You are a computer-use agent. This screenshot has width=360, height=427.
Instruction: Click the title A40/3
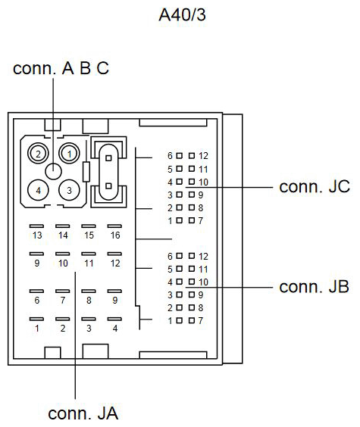182,14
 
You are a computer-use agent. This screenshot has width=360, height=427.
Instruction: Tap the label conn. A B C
61,68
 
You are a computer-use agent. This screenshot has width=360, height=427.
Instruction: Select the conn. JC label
315,186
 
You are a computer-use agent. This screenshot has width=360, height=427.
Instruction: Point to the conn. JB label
315,286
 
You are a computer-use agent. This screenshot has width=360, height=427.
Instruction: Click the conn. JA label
83,413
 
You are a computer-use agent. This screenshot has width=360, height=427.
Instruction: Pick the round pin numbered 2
38,154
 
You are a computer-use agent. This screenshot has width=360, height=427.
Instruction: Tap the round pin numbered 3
69,190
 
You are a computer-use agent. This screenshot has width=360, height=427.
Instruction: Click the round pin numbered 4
38,190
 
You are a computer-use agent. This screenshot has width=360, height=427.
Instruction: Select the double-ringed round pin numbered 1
69,154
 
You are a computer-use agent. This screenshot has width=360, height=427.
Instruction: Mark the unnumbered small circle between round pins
53,172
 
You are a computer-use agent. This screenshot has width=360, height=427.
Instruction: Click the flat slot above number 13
36,226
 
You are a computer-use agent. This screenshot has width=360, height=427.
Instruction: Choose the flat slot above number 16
114,226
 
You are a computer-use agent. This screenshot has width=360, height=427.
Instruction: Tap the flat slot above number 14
62,226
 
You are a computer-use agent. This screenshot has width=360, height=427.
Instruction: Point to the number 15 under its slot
89,235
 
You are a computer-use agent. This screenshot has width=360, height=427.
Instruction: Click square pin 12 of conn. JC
192,155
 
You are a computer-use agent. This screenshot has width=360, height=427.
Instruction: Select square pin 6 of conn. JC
179,155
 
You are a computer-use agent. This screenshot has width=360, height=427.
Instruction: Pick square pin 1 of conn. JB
179,320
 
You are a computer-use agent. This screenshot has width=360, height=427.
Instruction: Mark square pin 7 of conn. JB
192,320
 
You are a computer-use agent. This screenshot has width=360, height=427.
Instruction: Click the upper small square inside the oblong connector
108,158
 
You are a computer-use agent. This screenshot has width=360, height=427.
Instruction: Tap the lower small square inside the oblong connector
108,186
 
